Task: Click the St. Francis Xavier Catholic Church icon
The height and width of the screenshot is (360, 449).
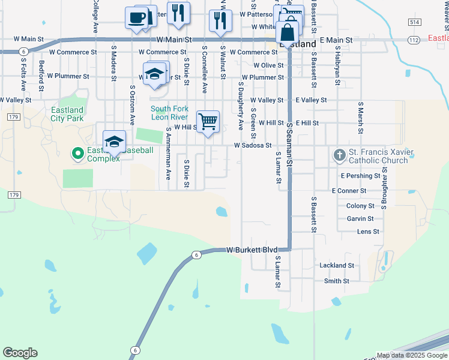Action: point(339,155)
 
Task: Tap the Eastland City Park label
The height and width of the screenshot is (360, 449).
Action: point(67,114)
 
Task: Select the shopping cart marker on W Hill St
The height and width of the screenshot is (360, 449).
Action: point(208,122)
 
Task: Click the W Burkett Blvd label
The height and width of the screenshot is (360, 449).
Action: point(252,250)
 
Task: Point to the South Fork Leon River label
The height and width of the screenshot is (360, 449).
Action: point(169,113)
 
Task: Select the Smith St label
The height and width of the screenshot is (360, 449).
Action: point(336,281)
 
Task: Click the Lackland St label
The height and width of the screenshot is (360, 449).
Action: point(337,265)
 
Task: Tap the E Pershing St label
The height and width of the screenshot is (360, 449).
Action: point(360,176)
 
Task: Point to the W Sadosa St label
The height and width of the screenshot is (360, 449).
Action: point(253,145)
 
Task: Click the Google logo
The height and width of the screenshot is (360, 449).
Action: point(20,353)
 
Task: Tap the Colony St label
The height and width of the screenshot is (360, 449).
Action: point(360,206)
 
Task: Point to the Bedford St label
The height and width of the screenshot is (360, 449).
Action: point(41,71)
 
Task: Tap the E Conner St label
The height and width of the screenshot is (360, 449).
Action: point(349,191)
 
